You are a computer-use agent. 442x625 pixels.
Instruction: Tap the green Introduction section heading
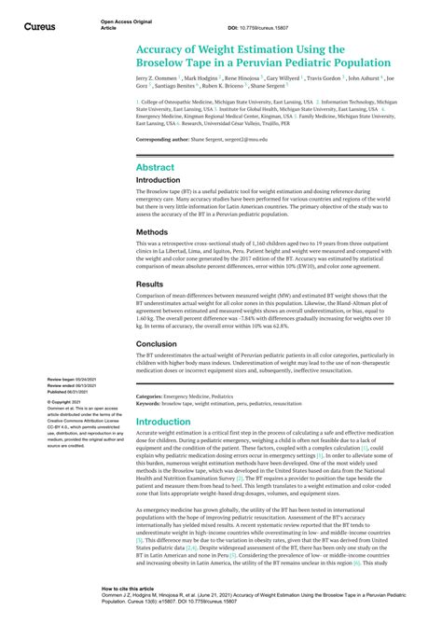click(x=164, y=422)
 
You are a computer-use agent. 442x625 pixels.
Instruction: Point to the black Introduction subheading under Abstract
click(x=159, y=181)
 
